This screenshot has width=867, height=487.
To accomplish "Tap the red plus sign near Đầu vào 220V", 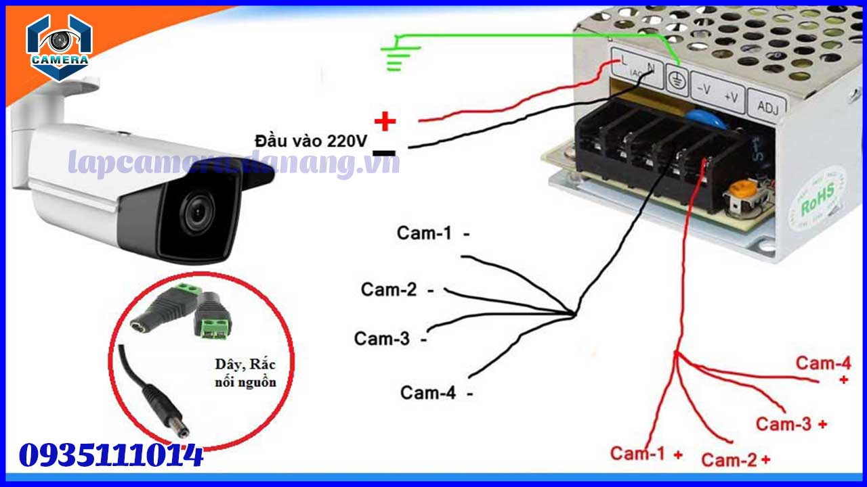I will pyautogui.click(x=385, y=122).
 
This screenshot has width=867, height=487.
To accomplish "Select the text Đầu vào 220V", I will pyautogui.click(x=311, y=141).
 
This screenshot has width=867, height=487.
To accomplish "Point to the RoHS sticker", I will pyautogui.click(x=817, y=200).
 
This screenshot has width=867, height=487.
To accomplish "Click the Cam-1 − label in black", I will pyautogui.click(x=433, y=233).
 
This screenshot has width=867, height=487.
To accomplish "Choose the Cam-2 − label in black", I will pyautogui.click(x=398, y=289).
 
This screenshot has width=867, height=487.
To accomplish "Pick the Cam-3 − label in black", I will pyautogui.click(x=390, y=339).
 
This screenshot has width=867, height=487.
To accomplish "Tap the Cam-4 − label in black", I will pyautogui.click(x=436, y=392).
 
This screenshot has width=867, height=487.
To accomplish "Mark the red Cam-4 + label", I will pyautogui.click(x=824, y=369).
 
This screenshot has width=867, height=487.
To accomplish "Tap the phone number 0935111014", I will pyautogui.click(x=112, y=456).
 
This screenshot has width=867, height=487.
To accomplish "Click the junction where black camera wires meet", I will pyautogui.click(x=574, y=314).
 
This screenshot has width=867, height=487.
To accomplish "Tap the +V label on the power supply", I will pyautogui.click(x=731, y=97).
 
